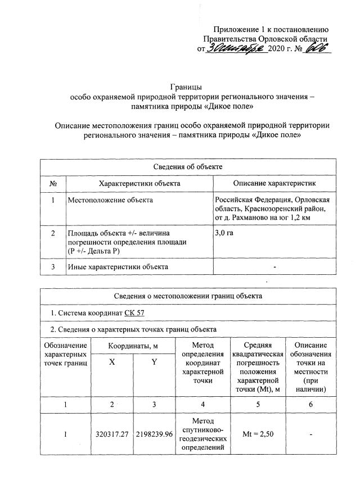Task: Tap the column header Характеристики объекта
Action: (x=139, y=183)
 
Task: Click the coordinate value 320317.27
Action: (x=112, y=434)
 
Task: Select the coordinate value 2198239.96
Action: (x=154, y=434)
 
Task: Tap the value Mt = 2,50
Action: (x=258, y=434)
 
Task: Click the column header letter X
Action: (x=112, y=362)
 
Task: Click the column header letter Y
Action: (x=154, y=362)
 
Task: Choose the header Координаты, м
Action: (x=133, y=345)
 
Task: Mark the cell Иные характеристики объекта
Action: (x=118, y=266)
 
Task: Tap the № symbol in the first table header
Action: (x=53, y=183)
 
